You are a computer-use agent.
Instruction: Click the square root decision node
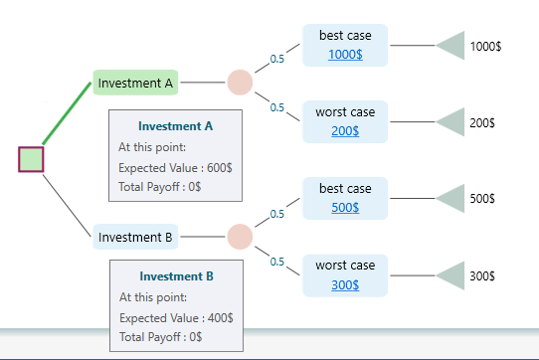31,159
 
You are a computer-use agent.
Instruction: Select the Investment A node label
135,84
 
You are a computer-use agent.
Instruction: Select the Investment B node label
136,238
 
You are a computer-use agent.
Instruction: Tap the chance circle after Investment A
240,83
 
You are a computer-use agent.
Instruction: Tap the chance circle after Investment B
240,237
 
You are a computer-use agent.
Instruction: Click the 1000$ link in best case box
344,54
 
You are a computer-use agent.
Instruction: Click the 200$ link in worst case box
344,131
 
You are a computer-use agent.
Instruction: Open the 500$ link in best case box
344,208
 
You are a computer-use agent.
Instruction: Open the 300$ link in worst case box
344,285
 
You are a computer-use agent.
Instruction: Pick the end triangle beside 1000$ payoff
453,46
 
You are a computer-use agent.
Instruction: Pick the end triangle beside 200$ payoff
453,122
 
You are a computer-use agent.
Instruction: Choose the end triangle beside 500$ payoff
453,199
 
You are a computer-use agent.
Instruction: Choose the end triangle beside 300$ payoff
453,275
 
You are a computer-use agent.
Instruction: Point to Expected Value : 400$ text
176,318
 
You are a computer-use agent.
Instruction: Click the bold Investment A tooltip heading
176,126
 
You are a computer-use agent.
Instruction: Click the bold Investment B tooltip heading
176,276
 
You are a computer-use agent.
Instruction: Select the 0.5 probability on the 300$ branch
277,263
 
